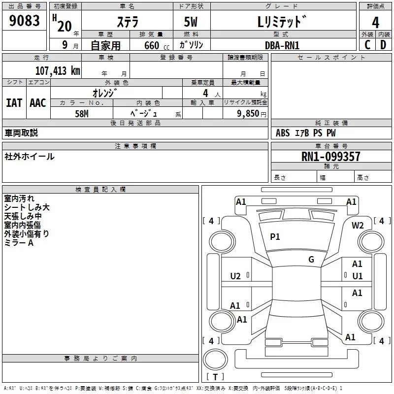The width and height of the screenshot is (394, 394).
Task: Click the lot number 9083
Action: pos(24,21)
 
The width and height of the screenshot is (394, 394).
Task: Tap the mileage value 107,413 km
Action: pos(58,71)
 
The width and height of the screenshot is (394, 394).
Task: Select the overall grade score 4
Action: pos(375,23)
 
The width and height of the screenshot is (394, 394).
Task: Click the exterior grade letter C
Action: pos(367,45)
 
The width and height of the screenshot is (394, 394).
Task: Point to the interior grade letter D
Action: pos(383,45)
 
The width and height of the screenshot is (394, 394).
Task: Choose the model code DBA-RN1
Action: pos(282,45)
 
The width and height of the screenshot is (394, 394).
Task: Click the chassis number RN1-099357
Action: pos(330,156)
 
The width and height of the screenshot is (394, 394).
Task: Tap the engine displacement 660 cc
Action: pos(157,45)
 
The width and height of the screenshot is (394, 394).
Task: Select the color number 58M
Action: pos(82,114)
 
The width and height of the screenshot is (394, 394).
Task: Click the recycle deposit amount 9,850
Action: pos(248,113)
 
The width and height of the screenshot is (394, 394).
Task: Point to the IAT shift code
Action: pos(14,103)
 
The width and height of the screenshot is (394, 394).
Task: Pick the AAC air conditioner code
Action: pos(38,103)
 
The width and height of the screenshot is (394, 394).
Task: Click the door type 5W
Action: pos(191,22)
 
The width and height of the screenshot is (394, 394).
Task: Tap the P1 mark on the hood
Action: pos(275,236)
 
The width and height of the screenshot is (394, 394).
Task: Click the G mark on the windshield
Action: pos(311,259)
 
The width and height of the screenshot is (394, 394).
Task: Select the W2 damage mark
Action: pos(358,226)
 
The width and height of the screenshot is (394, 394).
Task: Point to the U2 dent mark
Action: pos(235,276)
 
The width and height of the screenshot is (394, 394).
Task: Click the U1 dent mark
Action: pos(358,276)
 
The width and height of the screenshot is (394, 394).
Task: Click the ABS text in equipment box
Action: pos(283,132)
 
